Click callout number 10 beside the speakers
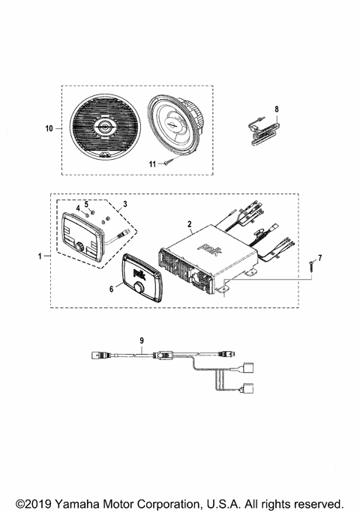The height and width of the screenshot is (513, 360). [49, 129]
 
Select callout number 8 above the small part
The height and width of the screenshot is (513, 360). [277, 109]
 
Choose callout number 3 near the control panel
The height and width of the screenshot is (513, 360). [125, 204]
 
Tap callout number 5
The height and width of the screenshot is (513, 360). [86, 203]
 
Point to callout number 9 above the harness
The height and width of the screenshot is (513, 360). [142, 340]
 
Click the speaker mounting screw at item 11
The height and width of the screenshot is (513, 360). [170, 160]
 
